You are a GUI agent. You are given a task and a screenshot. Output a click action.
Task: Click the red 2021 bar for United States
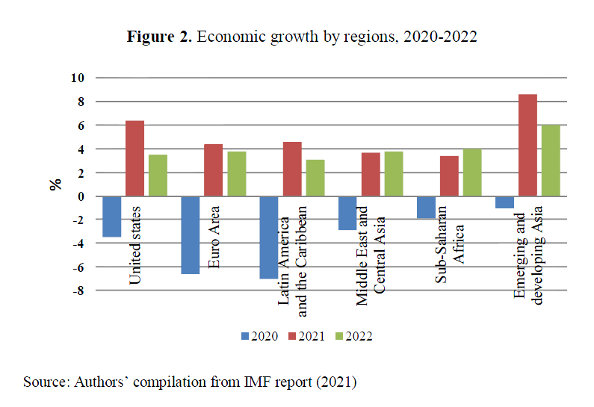134,158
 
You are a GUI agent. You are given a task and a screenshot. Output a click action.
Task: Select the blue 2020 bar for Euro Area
191,235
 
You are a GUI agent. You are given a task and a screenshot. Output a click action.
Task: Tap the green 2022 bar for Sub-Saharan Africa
472,173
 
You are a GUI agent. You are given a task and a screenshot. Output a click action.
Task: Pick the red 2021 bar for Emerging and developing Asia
527,146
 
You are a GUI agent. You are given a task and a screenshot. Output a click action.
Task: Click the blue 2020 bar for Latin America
269,237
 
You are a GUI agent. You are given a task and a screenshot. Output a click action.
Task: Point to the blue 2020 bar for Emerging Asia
504,202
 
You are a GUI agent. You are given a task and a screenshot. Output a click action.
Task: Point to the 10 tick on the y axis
78,78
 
